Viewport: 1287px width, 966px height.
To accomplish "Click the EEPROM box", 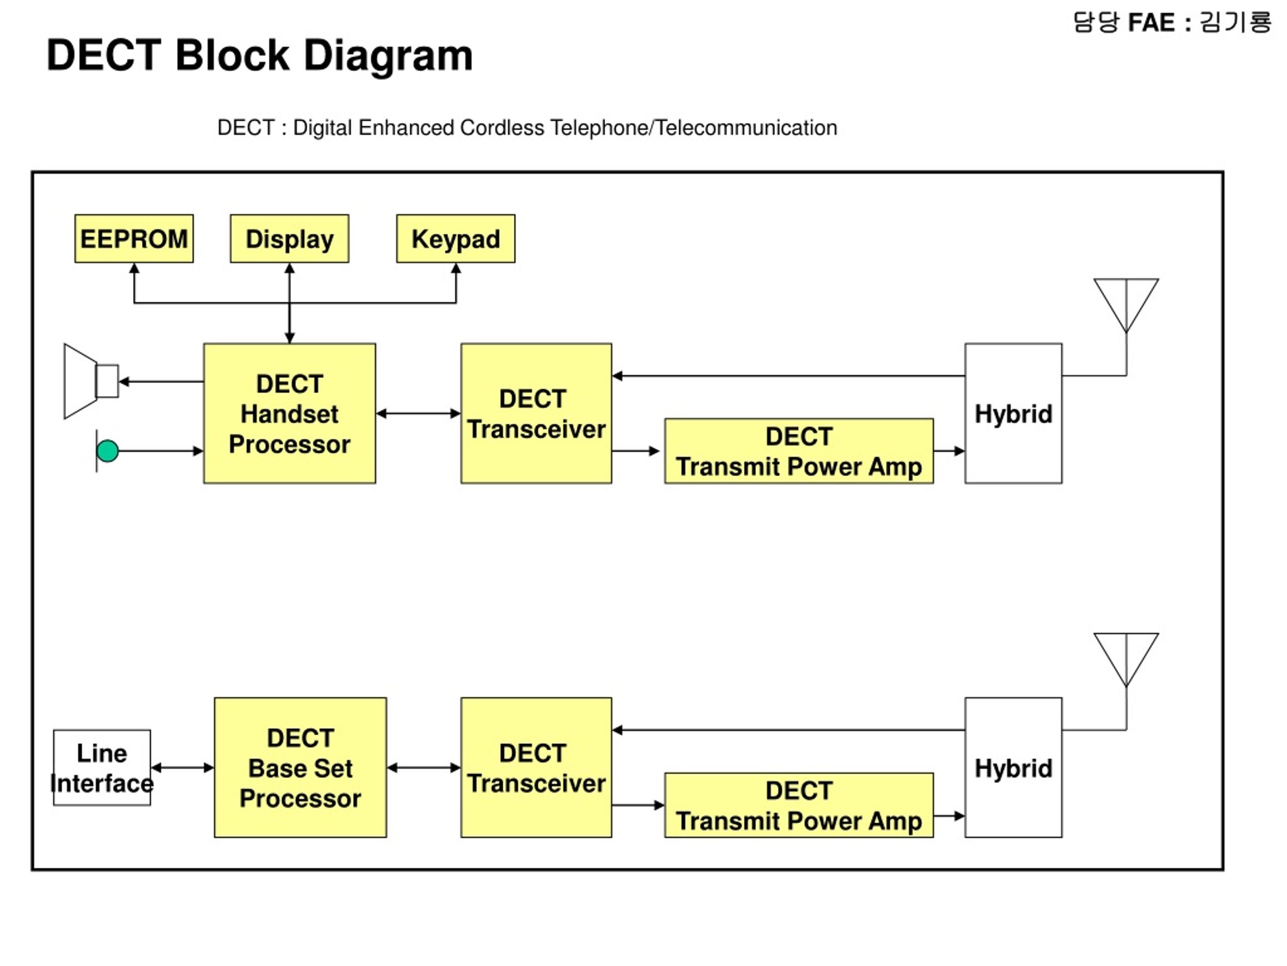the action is click(134, 239).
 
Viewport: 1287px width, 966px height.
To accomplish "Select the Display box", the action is click(290, 239).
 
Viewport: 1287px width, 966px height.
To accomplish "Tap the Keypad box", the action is click(455, 239).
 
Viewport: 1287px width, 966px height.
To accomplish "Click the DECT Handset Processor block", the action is click(290, 414).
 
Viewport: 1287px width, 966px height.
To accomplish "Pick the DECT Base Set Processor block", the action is click(300, 767).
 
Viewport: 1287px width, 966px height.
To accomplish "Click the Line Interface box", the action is click(102, 767).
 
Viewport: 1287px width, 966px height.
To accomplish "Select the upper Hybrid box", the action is click(1014, 414).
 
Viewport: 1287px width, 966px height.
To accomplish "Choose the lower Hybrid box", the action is click(1014, 767).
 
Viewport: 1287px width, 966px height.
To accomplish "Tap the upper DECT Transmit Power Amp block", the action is click(799, 451).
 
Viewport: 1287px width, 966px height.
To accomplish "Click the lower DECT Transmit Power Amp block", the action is click(799, 806).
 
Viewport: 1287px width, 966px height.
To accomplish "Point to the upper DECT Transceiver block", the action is click(536, 414).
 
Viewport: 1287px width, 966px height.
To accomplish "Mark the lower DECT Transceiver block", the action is click(536, 767).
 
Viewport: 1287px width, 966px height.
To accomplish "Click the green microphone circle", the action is click(108, 451).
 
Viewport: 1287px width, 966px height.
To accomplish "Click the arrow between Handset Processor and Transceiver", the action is click(418, 414).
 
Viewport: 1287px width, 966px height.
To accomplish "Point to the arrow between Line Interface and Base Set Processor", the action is click(182, 767).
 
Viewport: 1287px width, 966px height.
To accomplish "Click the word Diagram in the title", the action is click(388, 56).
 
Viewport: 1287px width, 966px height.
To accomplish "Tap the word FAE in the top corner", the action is click(1151, 23).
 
